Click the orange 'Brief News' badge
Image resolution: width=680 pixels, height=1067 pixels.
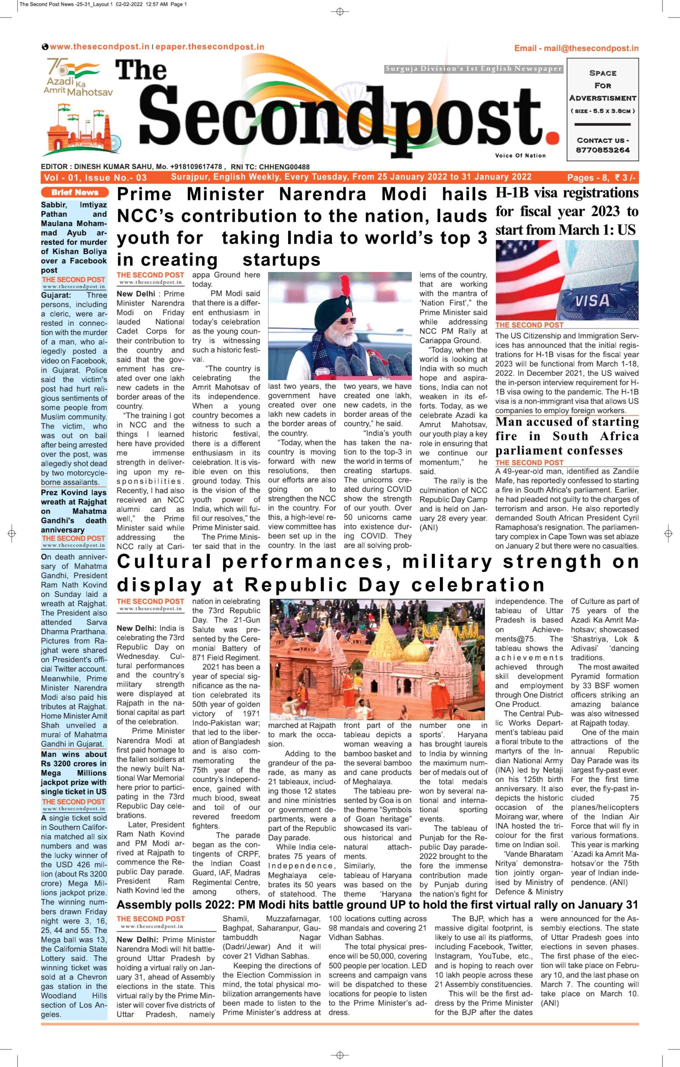[74, 192]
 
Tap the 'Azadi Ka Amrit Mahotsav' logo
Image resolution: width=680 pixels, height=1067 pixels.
[78, 78]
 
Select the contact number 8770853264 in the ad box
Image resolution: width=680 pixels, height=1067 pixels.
[603, 150]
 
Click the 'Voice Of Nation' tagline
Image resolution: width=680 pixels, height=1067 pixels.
[520, 155]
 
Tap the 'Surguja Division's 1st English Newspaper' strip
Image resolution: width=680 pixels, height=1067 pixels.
[474, 69]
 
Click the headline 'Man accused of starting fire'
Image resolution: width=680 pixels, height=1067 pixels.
[567, 436]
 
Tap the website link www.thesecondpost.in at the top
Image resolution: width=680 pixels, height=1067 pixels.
[99, 47]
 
